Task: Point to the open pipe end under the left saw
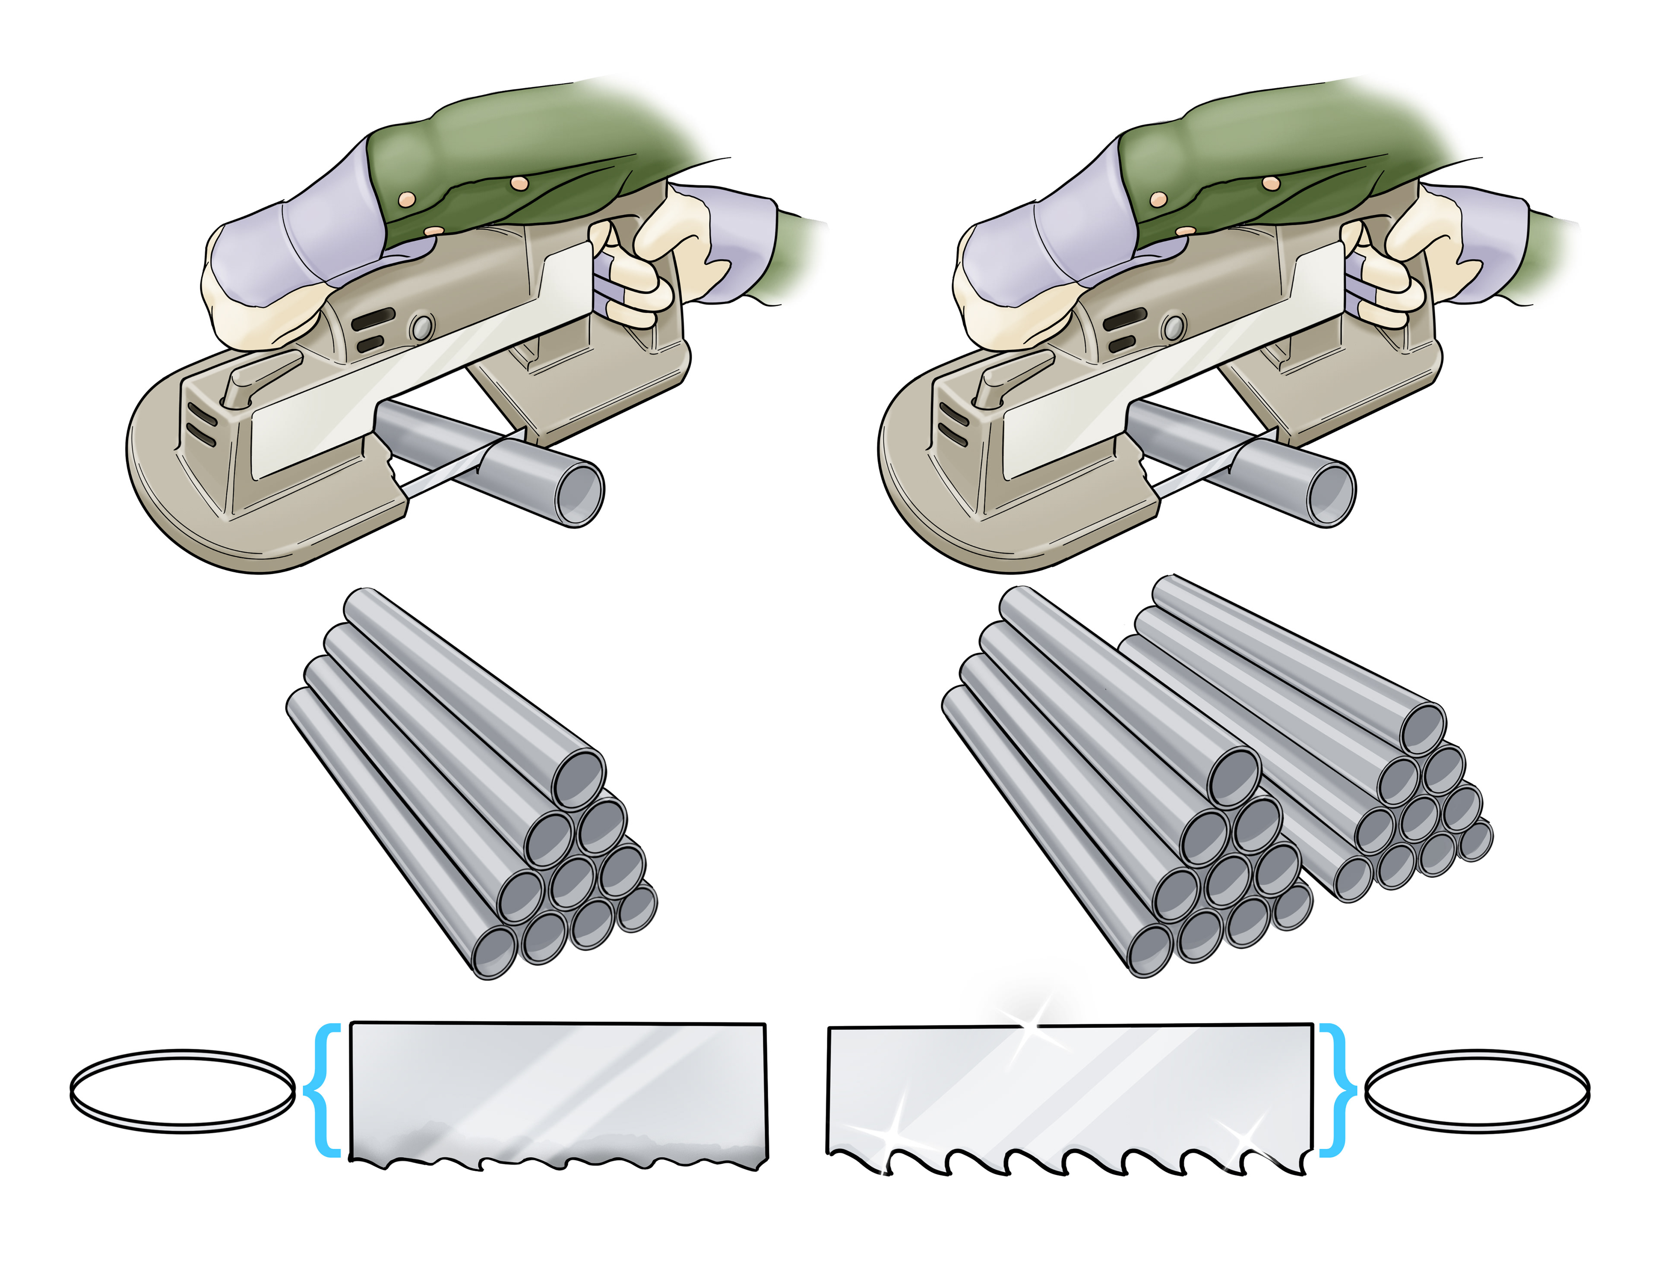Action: [579, 493]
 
